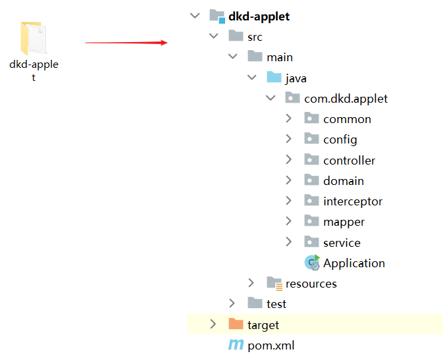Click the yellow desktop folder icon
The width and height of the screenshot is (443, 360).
[34, 38]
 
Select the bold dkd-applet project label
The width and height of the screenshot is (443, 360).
[259, 16]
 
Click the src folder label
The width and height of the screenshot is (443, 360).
[255, 37]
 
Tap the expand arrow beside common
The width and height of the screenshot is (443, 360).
[289, 118]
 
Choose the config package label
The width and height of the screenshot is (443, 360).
[340, 140]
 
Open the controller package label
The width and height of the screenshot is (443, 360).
[349, 160]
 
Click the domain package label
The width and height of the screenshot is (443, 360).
[343, 180]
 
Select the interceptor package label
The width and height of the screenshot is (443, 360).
[352, 201]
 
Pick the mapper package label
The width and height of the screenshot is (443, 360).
[344, 222]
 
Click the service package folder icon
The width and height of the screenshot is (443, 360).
[311, 242]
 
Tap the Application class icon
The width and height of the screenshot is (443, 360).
[312, 263]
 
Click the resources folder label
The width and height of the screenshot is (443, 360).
[311, 284]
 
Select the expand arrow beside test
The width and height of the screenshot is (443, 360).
[232, 303]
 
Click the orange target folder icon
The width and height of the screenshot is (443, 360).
[236, 324]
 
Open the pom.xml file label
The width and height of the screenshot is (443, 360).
[271, 346]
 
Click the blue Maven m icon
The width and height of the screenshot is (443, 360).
[236, 345]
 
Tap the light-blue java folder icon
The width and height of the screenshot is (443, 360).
[274, 78]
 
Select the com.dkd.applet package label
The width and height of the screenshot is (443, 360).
[346, 99]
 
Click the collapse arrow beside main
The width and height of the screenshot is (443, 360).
[232, 57]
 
